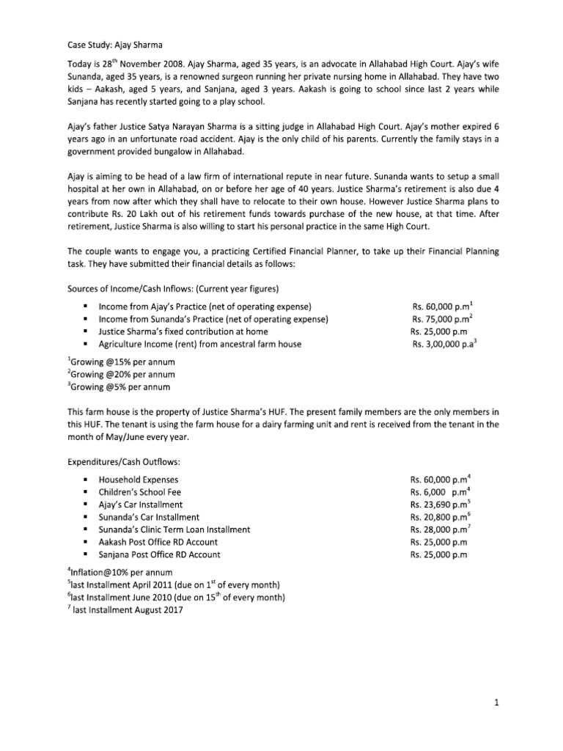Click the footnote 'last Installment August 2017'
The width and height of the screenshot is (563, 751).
(126, 610)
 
